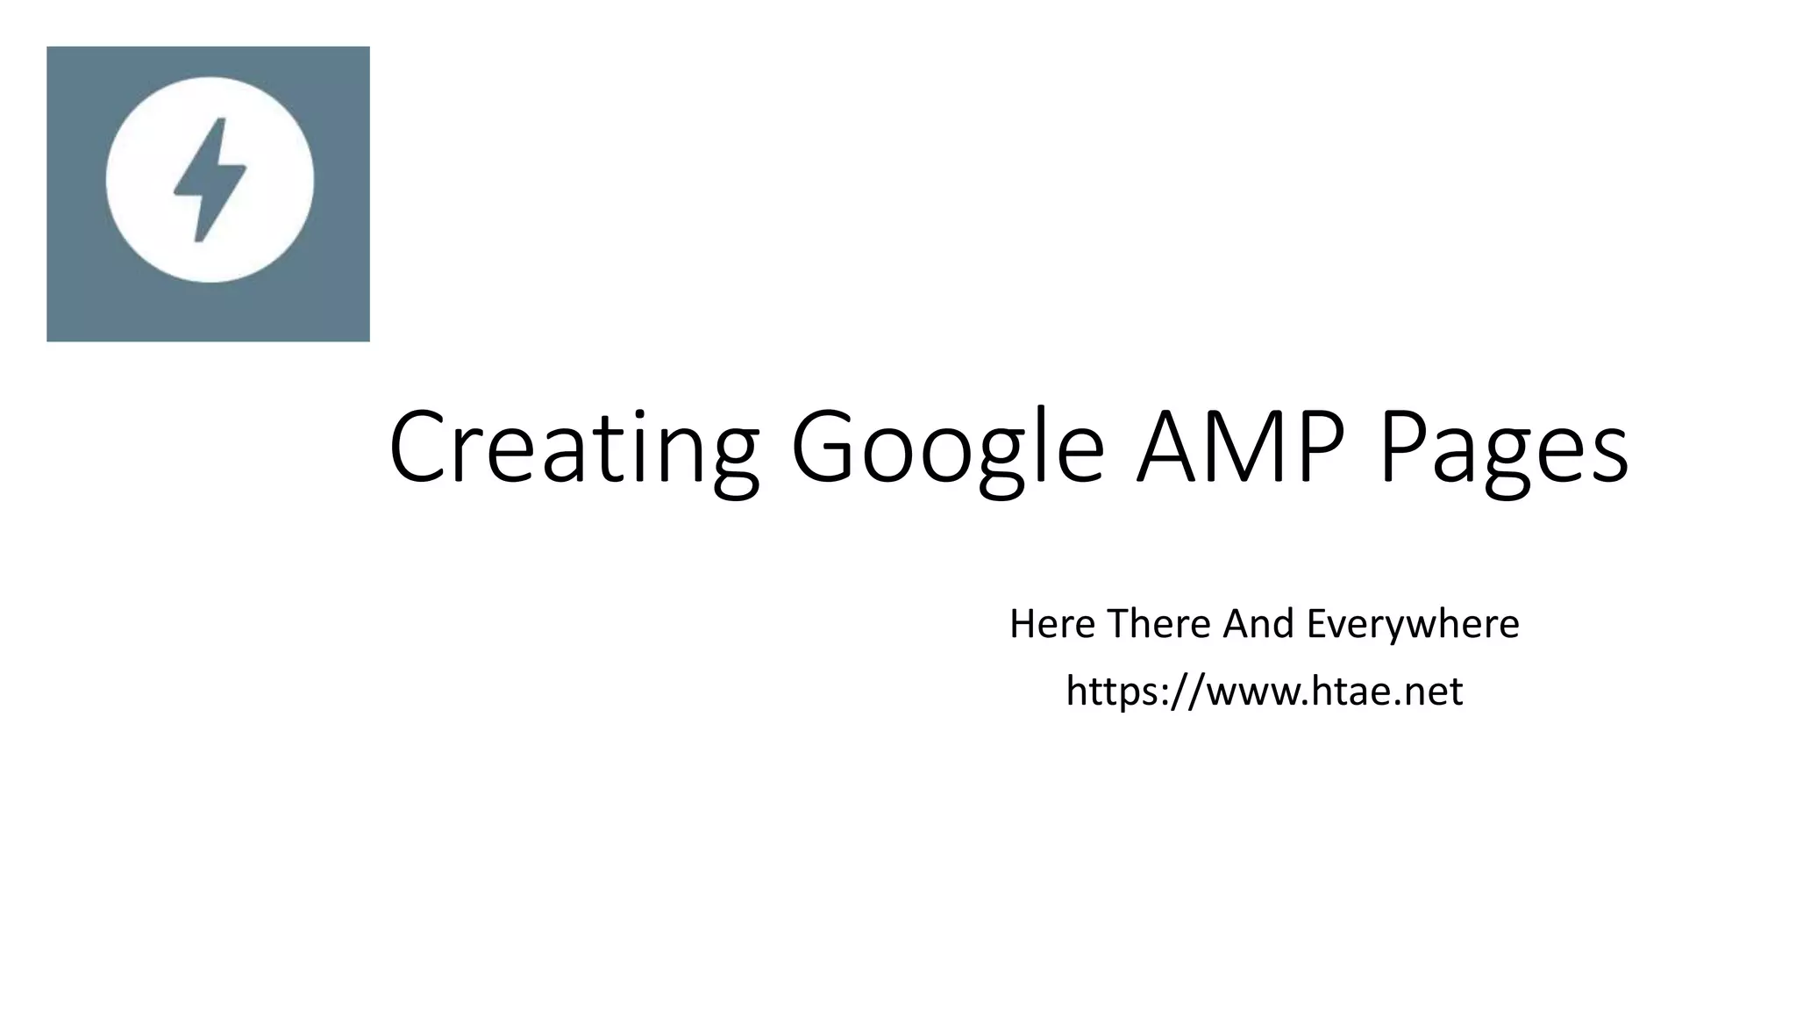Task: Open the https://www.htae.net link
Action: click(1264, 692)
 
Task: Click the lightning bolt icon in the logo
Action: click(210, 179)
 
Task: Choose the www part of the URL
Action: click(1249, 693)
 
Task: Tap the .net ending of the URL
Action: click(1426, 693)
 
